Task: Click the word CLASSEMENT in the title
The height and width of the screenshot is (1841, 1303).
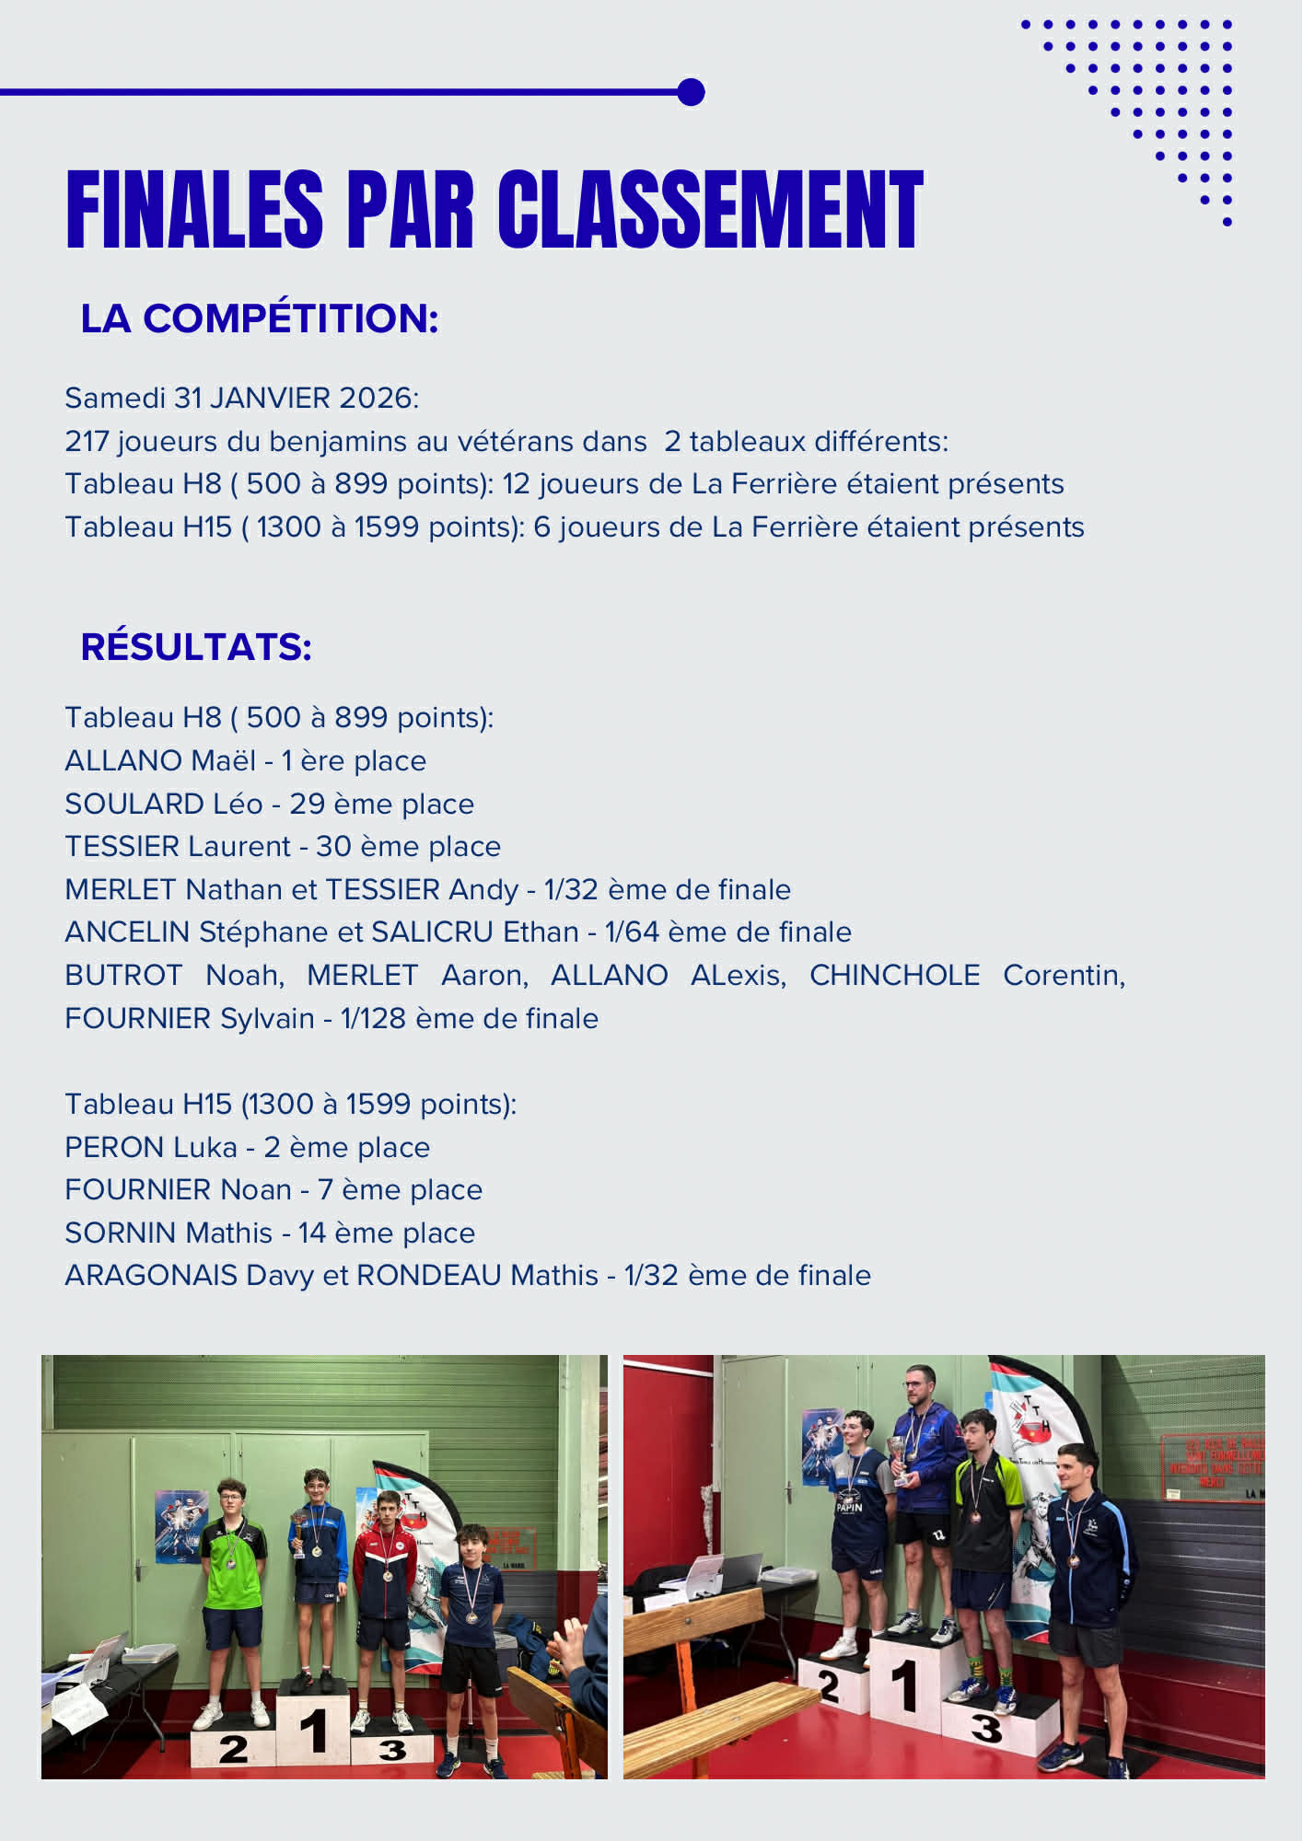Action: (710, 210)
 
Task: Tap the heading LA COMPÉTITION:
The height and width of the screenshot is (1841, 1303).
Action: (259, 318)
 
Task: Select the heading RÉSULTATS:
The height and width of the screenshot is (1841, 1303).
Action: (196, 647)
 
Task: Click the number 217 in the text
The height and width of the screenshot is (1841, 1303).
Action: (87, 442)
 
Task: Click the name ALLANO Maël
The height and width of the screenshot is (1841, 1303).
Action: (160, 761)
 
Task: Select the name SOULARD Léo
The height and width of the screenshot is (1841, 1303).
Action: (163, 805)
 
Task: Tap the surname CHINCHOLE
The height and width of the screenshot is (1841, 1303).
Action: (894, 976)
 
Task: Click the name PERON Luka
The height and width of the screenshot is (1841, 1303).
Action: (151, 1148)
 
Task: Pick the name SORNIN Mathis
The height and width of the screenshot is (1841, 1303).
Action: (169, 1233)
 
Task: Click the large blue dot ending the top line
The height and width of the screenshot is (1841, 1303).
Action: (691, 92)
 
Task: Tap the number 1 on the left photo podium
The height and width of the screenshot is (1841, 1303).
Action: (314, 1730)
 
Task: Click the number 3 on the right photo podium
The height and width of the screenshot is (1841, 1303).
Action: (986, 1729)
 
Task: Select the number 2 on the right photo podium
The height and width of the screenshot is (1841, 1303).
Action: (829, 1686)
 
